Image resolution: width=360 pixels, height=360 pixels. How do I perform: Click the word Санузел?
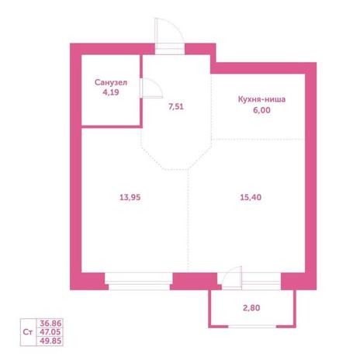111,82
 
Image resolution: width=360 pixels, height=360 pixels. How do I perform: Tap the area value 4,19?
111,92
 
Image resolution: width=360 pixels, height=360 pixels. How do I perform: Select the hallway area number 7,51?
176,106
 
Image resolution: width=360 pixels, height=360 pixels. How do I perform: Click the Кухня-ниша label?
261,99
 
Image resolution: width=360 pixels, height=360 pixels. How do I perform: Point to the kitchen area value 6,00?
261,110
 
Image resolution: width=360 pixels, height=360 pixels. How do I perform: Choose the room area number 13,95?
130,197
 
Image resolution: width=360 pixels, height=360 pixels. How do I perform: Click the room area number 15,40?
251,197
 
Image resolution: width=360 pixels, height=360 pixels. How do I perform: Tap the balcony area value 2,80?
251,308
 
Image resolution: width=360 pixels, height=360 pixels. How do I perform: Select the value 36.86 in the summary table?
50,323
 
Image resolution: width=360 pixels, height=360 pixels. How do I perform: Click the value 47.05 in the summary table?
50,332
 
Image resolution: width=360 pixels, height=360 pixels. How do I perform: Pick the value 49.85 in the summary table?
50,341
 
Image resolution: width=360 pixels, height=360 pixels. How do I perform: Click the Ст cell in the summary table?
28,332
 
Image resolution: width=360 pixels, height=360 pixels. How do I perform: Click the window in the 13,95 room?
139,282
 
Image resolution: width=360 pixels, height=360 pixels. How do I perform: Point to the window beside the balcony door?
261,282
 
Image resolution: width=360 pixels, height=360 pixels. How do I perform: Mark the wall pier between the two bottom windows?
196,281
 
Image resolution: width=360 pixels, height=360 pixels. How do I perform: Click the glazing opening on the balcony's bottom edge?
252,327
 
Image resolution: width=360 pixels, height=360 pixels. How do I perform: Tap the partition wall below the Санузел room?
112,126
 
